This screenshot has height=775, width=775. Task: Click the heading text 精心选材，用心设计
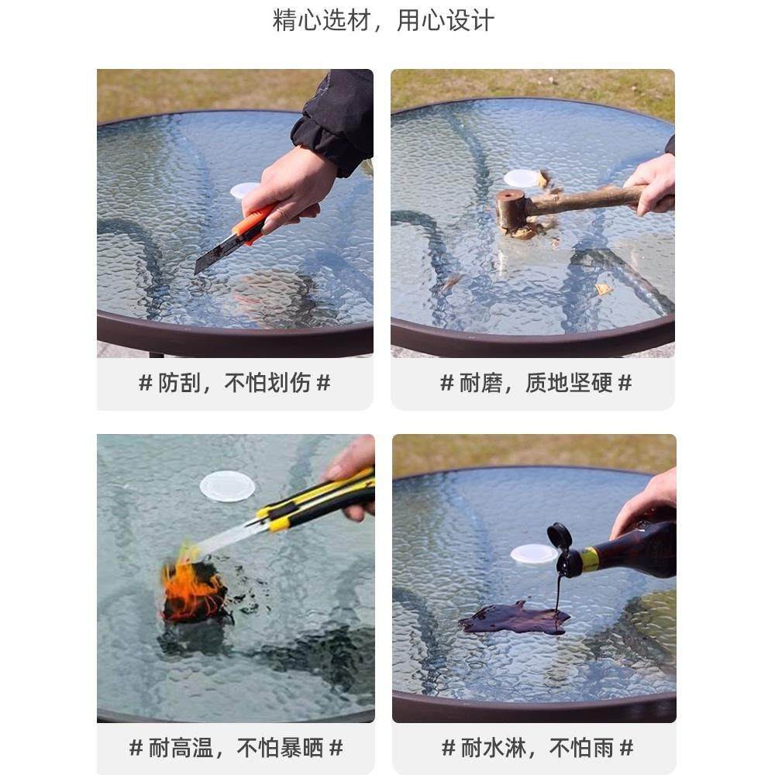[383, 20]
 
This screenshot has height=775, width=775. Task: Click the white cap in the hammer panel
[522, 178]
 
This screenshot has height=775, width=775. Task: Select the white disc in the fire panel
[227, 486]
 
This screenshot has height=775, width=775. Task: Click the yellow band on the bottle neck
[591, 559]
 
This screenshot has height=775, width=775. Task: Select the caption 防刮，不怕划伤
[234, 383]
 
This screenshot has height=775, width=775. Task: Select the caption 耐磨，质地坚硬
[536, 383]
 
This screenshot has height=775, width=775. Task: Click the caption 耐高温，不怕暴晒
[236, 748]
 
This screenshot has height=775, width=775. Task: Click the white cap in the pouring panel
[534, 553]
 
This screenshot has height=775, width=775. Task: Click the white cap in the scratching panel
[244, 190]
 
